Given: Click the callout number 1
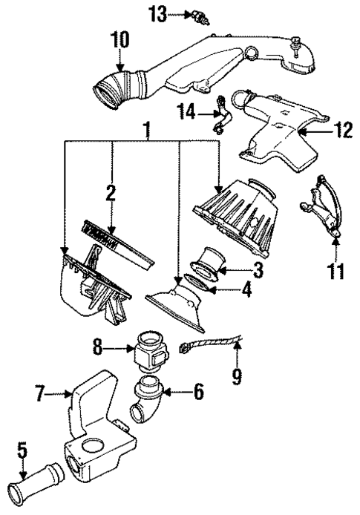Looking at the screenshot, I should tap(147, 131).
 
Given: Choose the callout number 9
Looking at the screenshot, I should tap(236, 377).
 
